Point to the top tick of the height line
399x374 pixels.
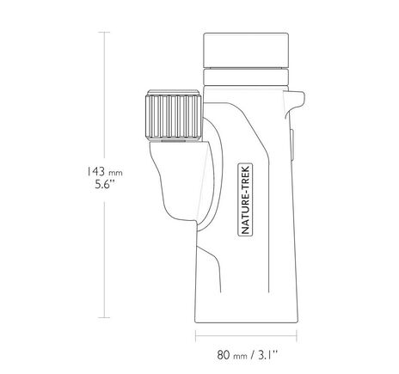coord(107,32)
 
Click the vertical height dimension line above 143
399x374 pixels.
coord(107,95)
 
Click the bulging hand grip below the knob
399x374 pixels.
coord(172,185)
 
